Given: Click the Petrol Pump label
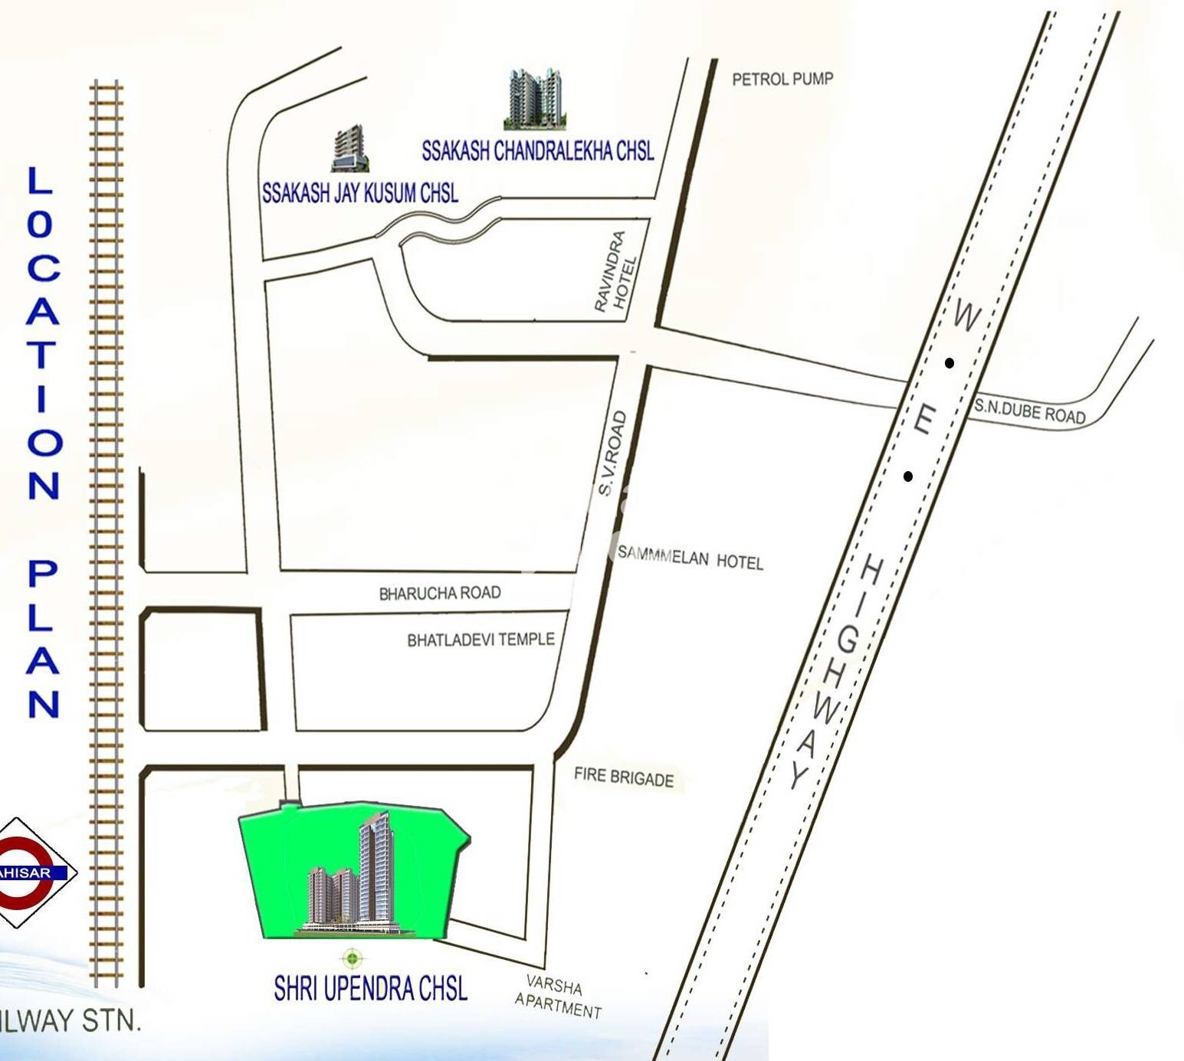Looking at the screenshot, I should click(782, 79).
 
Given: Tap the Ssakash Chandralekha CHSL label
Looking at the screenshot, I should click(538, 152).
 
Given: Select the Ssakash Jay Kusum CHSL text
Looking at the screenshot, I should click(360, 192).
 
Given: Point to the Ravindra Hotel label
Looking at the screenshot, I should click(616, 272).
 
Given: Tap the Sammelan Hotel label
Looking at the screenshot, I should click(690, 558).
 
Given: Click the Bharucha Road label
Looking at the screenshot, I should click(440, 593).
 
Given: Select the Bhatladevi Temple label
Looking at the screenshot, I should click(480, 640).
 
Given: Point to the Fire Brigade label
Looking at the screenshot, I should click(624, 778).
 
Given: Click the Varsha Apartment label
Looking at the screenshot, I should click(559, 996).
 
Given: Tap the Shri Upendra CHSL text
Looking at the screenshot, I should click(371, 989).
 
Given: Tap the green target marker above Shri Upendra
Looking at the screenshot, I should click(352, 958).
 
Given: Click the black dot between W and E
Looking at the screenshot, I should click(949, 363).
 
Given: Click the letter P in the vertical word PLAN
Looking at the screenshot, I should click(43, 573).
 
